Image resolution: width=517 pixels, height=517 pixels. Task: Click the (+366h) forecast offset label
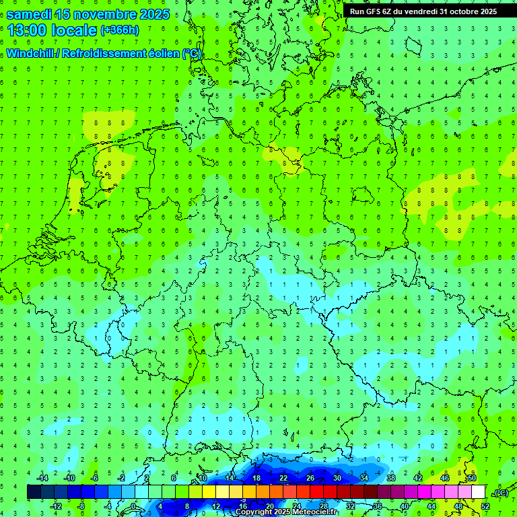pyautogui.click(x=119, y=30)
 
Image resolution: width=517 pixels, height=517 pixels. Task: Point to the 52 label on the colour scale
pyautogui.click(x=485, y=506)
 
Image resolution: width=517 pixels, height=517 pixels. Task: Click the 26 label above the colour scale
pyautogui.click(x=310, y=478)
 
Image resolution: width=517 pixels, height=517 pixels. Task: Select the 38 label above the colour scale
pyautogui.click(x=390, y=478)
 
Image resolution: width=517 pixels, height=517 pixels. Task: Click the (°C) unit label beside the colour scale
pyautogui.click(x=501, y=493)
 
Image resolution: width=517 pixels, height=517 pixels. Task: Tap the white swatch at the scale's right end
pyautogui.click(x=478, y=492)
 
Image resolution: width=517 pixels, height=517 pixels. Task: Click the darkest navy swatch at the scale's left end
pyautogui.click(x=34, y=492)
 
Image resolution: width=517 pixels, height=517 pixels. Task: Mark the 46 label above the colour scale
pyautogui.click(x=444, y=478)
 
